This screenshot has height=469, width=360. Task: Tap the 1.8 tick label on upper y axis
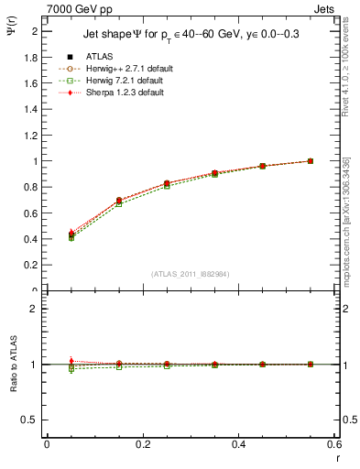[32, 57]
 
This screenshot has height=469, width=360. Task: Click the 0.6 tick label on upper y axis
[32, 213]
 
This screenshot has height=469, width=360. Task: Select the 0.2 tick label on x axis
[142, 445]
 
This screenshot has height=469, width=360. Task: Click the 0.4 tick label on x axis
[238, 445]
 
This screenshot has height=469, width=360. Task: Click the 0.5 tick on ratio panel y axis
[32, 420]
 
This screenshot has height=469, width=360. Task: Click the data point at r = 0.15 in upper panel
[119, 201]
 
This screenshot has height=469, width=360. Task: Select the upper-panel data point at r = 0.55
[311, 161]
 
